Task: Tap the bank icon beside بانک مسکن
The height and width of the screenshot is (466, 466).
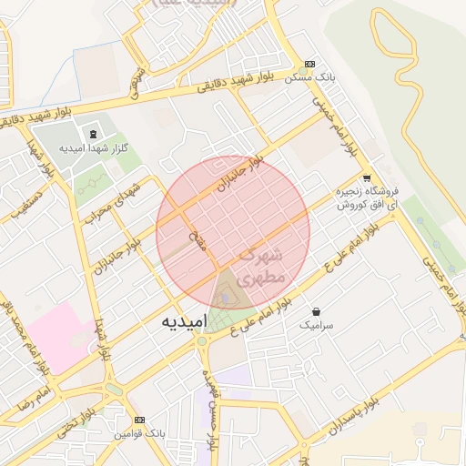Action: (310, 66)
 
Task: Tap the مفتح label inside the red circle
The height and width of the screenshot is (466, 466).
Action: (196, 242)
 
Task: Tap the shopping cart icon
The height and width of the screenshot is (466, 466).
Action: (366, 178)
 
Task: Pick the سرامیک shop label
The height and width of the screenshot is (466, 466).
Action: (317, 324)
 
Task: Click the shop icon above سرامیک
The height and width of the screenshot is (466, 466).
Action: (316, 311)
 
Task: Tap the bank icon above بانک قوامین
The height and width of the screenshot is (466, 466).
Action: (138, 420)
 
